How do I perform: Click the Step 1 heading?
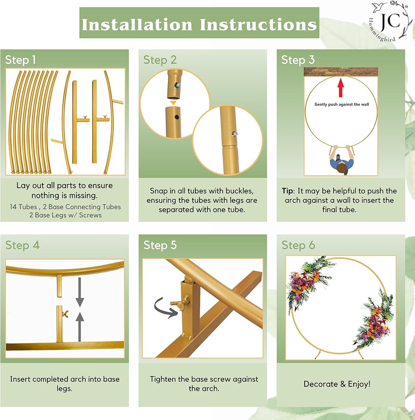pyautogui.click(x=20, y=60)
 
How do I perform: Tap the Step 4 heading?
pyautogui.click(x=23, y=245)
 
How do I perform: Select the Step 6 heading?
pyautogui.click(x=298, y=245)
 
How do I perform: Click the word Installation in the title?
pyautogui.click(x=137, y=24)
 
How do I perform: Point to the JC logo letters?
pyautogui.click(x=390, y=21)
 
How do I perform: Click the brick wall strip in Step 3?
pyautogui.click(x=341, y=72)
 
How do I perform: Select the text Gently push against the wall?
pyautogui.click(x=341, y=105)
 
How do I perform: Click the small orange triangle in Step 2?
pyautogui.click(x=173, y=103)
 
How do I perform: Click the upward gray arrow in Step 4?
pyautogui.click(x=79, y=326)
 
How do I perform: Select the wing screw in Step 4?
pyautogui.click(x=65, y=313)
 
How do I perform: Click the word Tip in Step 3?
pyautogui.click(x=287, y=191)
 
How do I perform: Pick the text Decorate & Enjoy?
pyautogui.click(x=337, y=384)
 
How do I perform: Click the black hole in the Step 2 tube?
pyautogui.click(x=176, y=117)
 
